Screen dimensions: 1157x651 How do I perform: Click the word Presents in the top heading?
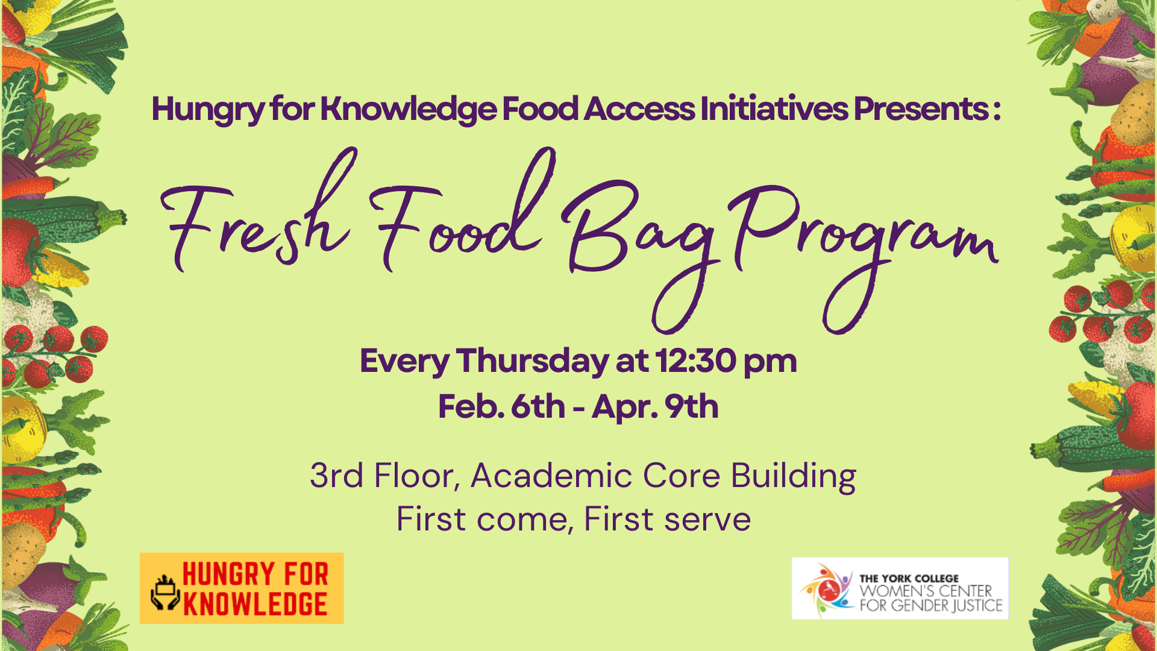pos(920,109)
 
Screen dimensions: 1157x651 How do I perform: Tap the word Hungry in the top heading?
pos(208,110)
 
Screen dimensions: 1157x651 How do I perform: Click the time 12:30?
pos(696,361)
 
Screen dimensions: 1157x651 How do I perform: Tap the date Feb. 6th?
pos(501,406)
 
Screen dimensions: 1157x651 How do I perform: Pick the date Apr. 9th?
pos(656,407)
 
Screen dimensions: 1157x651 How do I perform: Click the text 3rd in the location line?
pos(336,476)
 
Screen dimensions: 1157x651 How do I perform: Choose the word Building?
pos(794,477)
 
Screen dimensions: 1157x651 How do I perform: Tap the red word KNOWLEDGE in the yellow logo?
pos(255,605)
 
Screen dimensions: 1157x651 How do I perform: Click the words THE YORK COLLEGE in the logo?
pos(909,578)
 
